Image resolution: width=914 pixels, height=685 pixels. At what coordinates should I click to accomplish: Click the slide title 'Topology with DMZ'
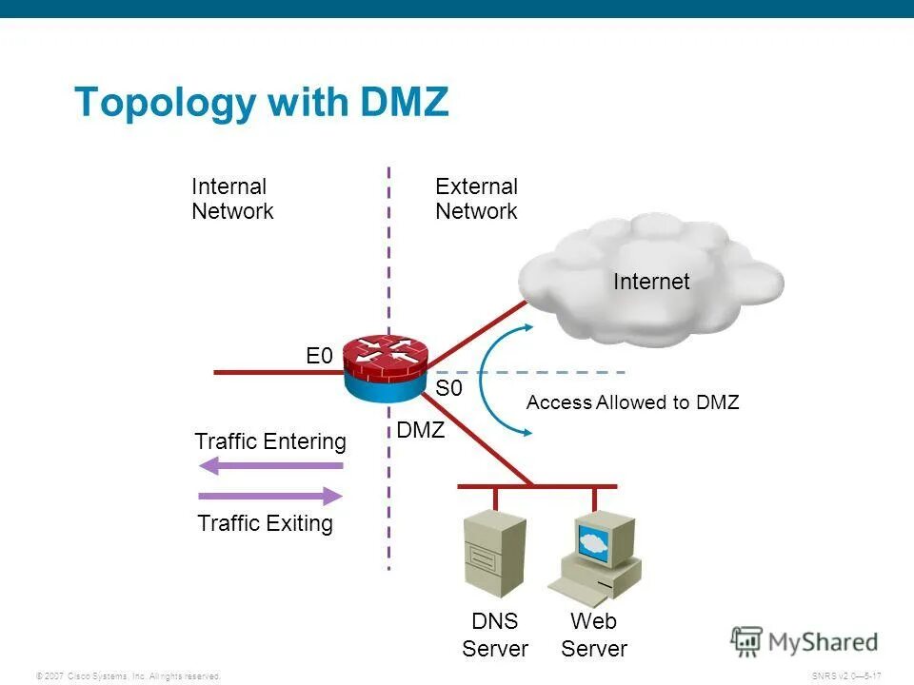point(261,102)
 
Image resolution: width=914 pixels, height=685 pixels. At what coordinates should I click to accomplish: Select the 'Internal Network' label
point(232,199)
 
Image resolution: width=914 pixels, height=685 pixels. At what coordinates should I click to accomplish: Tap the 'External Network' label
point(476,199)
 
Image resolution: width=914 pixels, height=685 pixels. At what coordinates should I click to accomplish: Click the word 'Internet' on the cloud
point(651,282)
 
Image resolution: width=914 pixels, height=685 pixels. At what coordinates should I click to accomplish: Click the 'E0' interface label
point(319,357)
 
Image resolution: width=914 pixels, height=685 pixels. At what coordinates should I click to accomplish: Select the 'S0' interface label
point(448,388)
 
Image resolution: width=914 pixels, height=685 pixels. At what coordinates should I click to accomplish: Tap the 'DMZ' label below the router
point(421,430)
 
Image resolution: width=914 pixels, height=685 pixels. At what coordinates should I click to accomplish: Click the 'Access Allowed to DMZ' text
point(632,402)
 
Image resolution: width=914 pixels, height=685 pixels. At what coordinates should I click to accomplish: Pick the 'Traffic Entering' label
point(270,441)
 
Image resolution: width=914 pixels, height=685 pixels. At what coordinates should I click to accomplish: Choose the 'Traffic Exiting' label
point(266,523)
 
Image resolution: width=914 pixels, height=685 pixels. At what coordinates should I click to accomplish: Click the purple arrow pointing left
point(270,466)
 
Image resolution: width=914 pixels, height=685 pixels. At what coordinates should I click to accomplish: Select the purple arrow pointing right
point(270,496)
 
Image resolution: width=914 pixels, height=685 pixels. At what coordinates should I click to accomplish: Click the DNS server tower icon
point(493,553)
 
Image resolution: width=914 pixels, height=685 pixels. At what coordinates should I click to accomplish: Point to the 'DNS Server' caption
point(495,635)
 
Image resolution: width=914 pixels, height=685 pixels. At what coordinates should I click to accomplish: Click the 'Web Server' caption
point(594,635)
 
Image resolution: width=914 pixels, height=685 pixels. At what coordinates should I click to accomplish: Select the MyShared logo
point(805,642)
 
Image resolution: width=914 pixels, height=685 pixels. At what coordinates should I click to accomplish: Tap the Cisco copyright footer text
point(128,675)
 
